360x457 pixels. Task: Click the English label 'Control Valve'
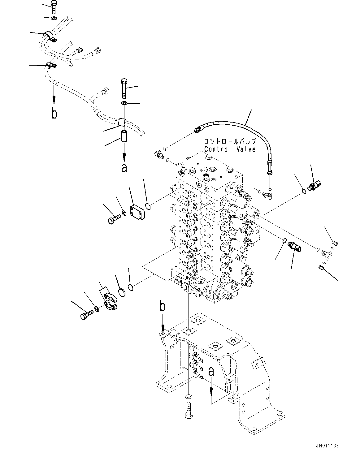(230, 149)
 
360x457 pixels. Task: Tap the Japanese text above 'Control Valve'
(230, 142)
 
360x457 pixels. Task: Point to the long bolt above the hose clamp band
(124, 88)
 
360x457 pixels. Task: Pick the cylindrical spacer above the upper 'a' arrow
(124, 136)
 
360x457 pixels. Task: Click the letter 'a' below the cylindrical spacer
(124, 167)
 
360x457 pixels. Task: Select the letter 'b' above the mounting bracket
(162, 307)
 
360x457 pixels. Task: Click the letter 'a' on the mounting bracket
(211, 371)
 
